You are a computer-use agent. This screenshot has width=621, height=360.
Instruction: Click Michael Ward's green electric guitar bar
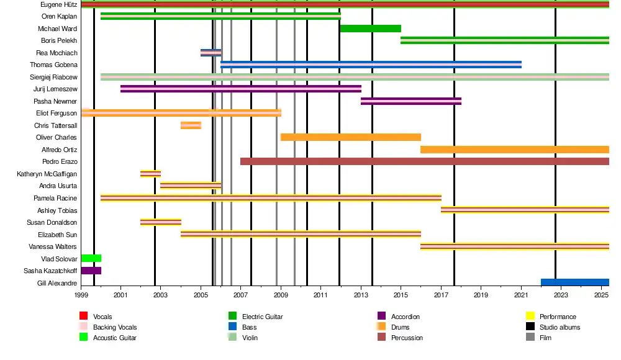370,29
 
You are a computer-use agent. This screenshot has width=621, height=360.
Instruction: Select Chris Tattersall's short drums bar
191,125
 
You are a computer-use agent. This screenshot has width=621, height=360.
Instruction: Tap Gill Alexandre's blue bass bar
574,282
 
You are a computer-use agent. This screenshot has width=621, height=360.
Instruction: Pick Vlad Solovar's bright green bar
91,258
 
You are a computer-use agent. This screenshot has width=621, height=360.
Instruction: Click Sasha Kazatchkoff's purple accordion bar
91,271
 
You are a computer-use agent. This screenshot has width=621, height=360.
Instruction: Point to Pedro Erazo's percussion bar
424,161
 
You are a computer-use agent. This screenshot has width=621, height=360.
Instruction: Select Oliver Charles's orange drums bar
350,137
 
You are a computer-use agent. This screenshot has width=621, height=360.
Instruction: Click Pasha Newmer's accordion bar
410,101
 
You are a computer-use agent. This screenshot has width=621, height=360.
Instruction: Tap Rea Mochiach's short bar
211,53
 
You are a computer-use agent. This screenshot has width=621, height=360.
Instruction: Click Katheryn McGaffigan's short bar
150,174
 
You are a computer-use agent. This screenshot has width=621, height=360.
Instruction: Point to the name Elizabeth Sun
57,235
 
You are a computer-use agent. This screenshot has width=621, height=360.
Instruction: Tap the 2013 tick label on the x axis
361,296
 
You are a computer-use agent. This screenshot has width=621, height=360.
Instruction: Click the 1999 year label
81,296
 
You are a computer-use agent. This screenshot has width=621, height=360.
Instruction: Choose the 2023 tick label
561,296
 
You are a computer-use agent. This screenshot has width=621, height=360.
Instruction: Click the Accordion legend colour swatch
381,317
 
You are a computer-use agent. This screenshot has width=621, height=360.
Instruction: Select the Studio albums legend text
560,327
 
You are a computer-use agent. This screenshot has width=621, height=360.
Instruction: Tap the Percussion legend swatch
381,338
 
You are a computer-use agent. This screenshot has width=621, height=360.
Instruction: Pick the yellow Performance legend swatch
530,317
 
